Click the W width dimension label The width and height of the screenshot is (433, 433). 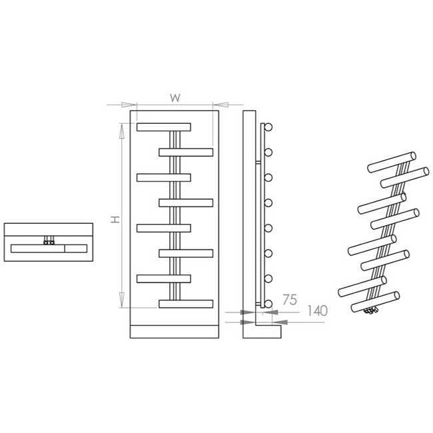pos(175,98)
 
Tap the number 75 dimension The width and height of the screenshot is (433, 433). pos(290,300)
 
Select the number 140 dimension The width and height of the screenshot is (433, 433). pos(317,311)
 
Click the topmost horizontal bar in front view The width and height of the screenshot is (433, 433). pos(164,127)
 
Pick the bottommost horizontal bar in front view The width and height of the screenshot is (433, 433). pos(186,304)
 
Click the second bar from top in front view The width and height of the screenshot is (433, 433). pos(186,153)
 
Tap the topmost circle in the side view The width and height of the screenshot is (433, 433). pos(268,127)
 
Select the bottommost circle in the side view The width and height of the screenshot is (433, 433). pos(268,304)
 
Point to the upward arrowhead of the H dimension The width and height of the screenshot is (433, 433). pos(121,131)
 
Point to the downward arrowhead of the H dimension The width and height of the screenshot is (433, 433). pos(121,300)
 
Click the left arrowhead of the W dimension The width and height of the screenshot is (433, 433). pos(129,105)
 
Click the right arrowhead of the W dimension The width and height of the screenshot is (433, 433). pos(220,105)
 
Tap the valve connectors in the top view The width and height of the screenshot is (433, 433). pos(49,240)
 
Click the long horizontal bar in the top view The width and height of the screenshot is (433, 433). pos(49,248)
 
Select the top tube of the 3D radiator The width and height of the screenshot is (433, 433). pos(392,162)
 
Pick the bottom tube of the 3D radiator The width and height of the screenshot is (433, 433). pos(375,302)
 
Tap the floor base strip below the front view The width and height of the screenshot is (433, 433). pos(175,332)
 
